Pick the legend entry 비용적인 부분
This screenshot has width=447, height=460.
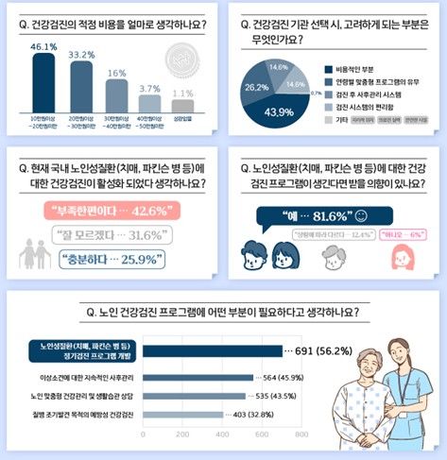point(356,68)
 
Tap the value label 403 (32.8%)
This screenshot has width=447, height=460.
point(254,414)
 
